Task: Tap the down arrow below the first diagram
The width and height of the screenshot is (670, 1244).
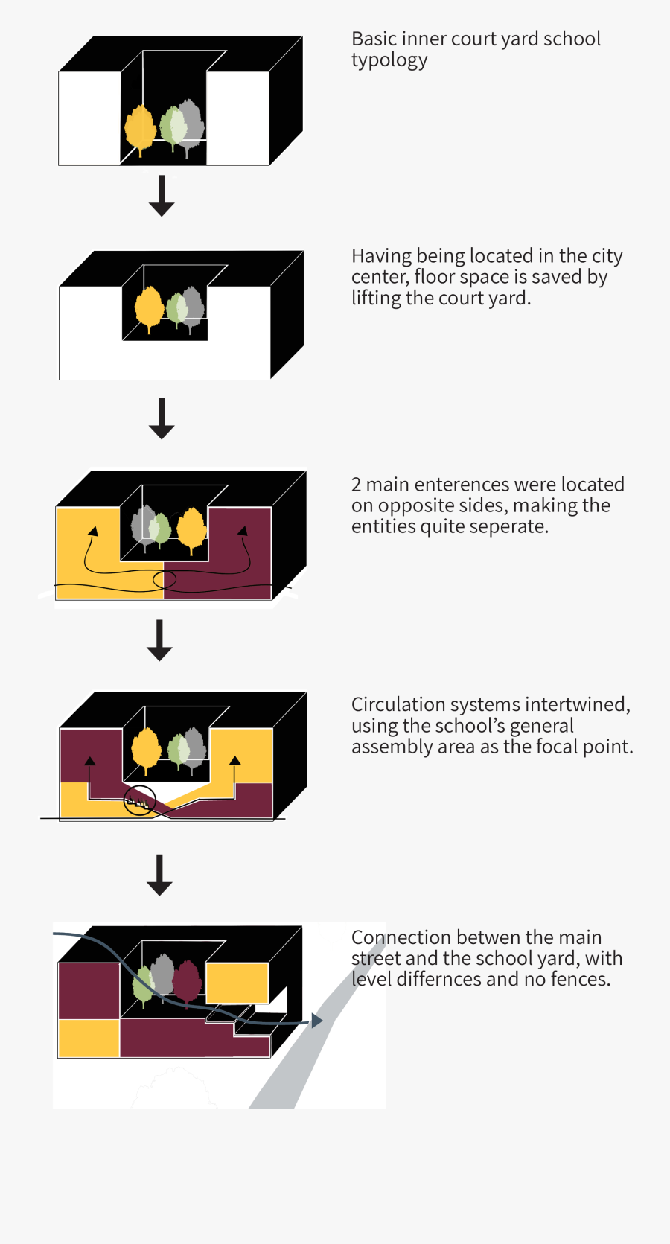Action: [162, 197]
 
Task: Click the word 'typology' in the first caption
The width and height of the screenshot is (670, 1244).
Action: [389, 60]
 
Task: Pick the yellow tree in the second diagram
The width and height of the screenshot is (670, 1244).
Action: [149, 307]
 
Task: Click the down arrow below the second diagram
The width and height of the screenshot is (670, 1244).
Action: [162, 418]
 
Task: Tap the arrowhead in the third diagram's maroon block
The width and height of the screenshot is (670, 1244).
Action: [243, 531]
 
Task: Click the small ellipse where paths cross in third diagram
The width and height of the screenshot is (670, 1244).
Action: [165, 579]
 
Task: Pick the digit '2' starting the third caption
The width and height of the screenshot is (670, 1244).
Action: [357, 485]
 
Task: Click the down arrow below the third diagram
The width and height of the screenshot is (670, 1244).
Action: [159, 640]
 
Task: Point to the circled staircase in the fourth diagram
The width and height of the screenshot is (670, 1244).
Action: [139, 801]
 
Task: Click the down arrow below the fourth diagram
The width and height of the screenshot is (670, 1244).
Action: [159, 875]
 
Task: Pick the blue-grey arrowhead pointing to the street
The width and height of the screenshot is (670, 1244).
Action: [316, 1021]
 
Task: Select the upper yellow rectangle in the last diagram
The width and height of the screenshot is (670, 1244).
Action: [237, 983]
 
